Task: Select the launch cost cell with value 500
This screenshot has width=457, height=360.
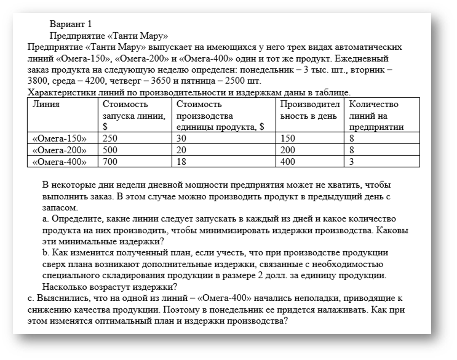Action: tap(110, 150)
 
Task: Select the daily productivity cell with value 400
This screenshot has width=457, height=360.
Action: tap(288, 161)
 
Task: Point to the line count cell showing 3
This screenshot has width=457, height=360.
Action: tap(351, 161)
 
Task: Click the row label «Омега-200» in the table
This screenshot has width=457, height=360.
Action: tap(59, 150)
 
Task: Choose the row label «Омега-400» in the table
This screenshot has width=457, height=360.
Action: tap(59, 161)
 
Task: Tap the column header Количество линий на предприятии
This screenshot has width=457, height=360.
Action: tap(375, 115)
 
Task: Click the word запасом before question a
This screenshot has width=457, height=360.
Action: tap(60, 207)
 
